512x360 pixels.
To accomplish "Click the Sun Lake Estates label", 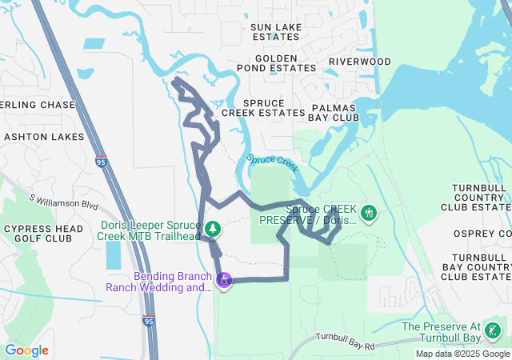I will pyautogui.click(x=275, y=31).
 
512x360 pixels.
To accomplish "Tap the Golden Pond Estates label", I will pyautogui.click(x=276, y=64).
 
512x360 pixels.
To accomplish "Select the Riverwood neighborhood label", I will pyautogui.click(x=359, y=62).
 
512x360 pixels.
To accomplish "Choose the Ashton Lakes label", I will pyautogui.click(x=44, y=137).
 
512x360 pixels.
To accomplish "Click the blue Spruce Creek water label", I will pyautogui.click(x=273, y=162).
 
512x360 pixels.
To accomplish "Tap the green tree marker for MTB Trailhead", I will pyautogui.click(x=213, y=230).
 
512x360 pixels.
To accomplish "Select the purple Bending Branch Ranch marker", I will pyautogui.click(x=225, y=280).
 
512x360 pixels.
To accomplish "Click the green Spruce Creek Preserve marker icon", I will pyautogui.click(x=368, y=213).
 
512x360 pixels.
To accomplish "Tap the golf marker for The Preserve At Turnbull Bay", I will pyautogui.click(x=493, y=330).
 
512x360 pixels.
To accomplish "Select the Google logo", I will pyautogui.click(x=26, y=350).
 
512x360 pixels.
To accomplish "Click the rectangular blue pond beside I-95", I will pyautogui.click(x=113, y=254).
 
